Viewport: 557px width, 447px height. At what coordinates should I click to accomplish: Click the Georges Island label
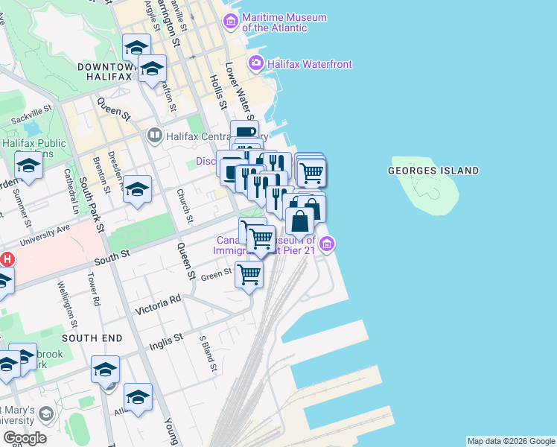[x=433, y=171]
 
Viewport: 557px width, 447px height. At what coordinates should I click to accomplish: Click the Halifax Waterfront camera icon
[x=256, y=63]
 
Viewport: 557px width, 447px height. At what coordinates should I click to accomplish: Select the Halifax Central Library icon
[x=155, y=136]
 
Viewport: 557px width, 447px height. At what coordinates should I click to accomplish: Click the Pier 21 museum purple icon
[x=327, y=244]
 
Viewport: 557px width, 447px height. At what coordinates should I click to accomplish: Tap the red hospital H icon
[x=6, y=260]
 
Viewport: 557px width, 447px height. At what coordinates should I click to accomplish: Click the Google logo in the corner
[x=25, y=437]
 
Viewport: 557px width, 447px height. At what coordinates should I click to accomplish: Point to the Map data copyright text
[x=511, y=441]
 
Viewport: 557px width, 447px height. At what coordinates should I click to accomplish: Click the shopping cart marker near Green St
[x=249, y=274]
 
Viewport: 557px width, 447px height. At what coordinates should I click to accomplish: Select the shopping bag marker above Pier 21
[x=299, y=221]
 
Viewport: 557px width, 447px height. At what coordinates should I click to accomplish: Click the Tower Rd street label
[x=94, y=292]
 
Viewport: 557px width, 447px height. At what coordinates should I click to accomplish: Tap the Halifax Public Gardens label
[x=34, y=148]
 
